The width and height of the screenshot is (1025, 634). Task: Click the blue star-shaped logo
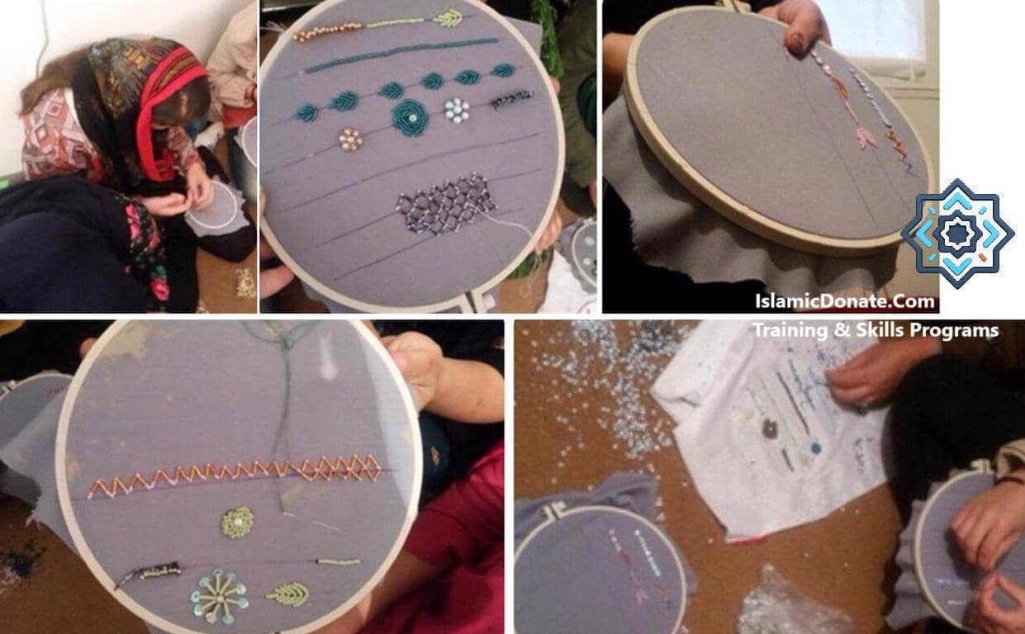click(957, 233)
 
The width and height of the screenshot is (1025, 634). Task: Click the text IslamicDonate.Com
click(845, 301)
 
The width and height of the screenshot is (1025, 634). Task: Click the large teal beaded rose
click(410, 116)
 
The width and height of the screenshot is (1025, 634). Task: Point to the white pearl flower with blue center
click(456, 109)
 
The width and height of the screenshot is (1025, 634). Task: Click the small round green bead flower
click(237, 523)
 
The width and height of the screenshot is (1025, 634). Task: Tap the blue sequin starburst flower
click(219, 595)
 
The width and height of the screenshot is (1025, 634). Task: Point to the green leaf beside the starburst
click(287, 593)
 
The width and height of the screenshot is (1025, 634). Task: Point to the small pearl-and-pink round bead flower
click(351, 139)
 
